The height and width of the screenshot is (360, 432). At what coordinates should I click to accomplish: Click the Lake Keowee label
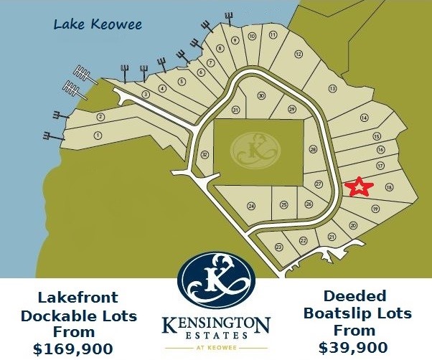click(x=98, y=25)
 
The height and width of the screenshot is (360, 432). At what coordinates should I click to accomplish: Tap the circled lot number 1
click(x=98, y=135)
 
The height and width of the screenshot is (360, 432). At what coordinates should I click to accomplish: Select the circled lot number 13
click(x=332, y=88)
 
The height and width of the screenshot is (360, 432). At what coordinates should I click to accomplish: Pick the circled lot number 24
click(x=251, y=206)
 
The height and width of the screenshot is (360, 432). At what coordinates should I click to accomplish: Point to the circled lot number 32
click(x=205, y=154)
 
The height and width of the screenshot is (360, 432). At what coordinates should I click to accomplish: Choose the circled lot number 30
click(x=261, y=95)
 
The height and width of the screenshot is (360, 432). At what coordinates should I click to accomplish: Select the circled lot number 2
click(x=101, y=117)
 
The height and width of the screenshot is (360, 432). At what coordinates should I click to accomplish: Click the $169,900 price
click(x=73, y=349)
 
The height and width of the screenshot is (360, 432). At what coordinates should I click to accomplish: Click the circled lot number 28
click(x=313, y=149)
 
